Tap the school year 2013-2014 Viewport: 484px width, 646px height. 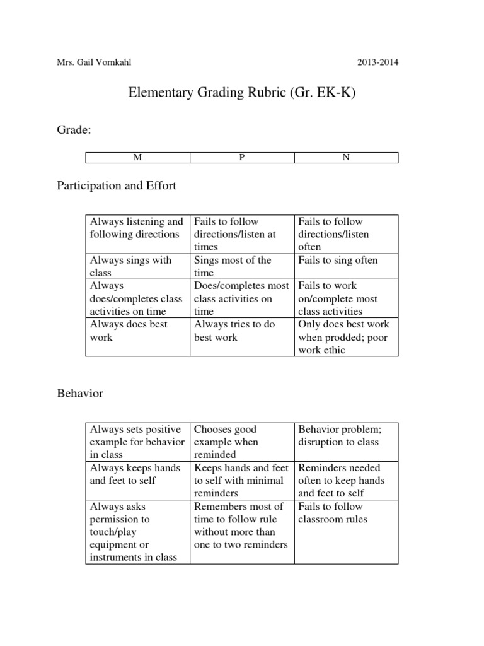point(377,62)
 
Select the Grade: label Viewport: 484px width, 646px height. point(74,129)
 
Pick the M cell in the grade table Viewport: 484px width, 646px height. point(137,158)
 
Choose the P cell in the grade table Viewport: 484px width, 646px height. point(241,158)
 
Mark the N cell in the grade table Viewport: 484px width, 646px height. point(345,158)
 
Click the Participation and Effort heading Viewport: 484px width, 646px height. point(117,186)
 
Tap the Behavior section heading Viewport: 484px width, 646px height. point(80,394)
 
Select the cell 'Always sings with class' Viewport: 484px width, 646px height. point(137,266)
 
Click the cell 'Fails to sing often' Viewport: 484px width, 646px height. point(345,261)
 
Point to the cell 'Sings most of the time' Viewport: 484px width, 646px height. point(241,266)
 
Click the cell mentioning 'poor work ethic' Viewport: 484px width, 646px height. point(345,337)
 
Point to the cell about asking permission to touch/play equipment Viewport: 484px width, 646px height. point(137,531)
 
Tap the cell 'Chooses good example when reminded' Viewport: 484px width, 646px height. point(241,442)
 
